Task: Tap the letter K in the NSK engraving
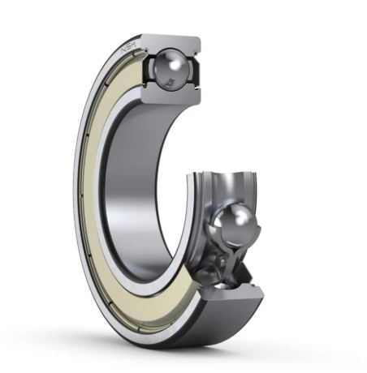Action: [x=135, y=45]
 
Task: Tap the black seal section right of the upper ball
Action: [x=194, y=71]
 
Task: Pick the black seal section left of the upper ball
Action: [x=149, y=70]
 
